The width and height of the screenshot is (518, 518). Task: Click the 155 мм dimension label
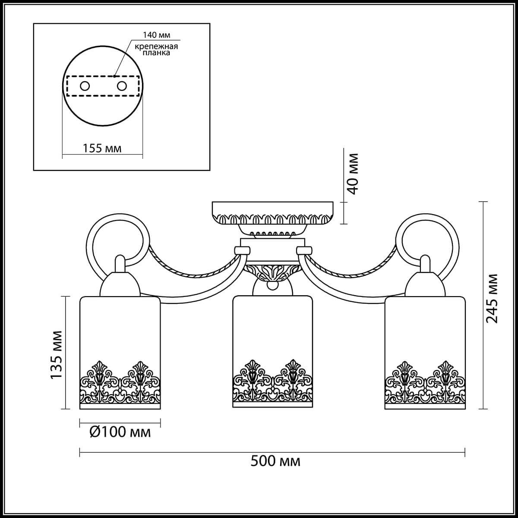pos(102,148)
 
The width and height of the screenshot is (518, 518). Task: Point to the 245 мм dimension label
pos(493,298)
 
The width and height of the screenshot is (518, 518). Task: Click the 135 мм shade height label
pos(57,355)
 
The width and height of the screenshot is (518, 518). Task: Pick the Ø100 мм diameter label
pos(120,431)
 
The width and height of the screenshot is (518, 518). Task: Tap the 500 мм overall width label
pos(275,461)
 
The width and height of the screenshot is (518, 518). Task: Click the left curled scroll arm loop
pos(118,242)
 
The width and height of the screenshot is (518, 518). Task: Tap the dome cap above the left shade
pos(120,283)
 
